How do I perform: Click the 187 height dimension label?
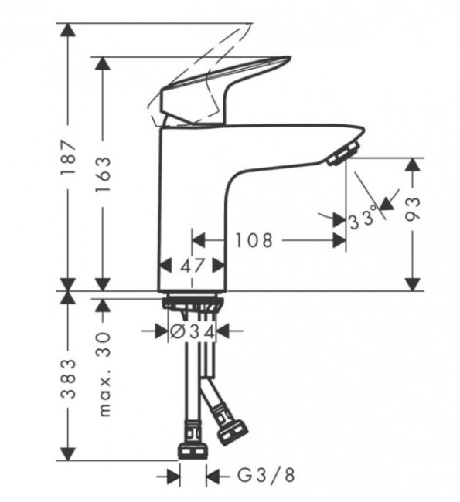(x=69, y=157)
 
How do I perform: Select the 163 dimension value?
(x=103, y=175)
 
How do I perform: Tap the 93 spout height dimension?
(x=412, y=209)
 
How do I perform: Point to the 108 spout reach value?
(x=254, y=240)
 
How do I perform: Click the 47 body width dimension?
(x=193, y=266)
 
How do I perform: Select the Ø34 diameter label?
(x=192, y=333)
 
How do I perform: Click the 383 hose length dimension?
(x=69, y=378)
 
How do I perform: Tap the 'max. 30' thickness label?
(x=105, y=375)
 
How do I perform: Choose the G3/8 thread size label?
(x=266, y=475)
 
